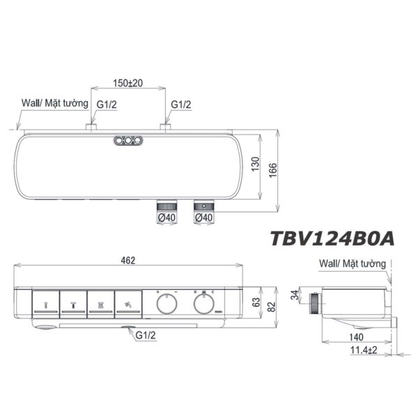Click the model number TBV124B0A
pyautogui.click(x=332, y=238)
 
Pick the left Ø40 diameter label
pyautogui.click(x=166, y=219)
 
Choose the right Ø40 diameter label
pyautogui.click(x=203, y=219)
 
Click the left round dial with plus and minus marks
pyautogui.click(x=167, y=304)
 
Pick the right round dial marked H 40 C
pyautogui.click(x=203, y=304)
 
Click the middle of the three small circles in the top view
pyautogui.click(x=128, y=141)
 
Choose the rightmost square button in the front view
pyautogui.click(x=128, y=304)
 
